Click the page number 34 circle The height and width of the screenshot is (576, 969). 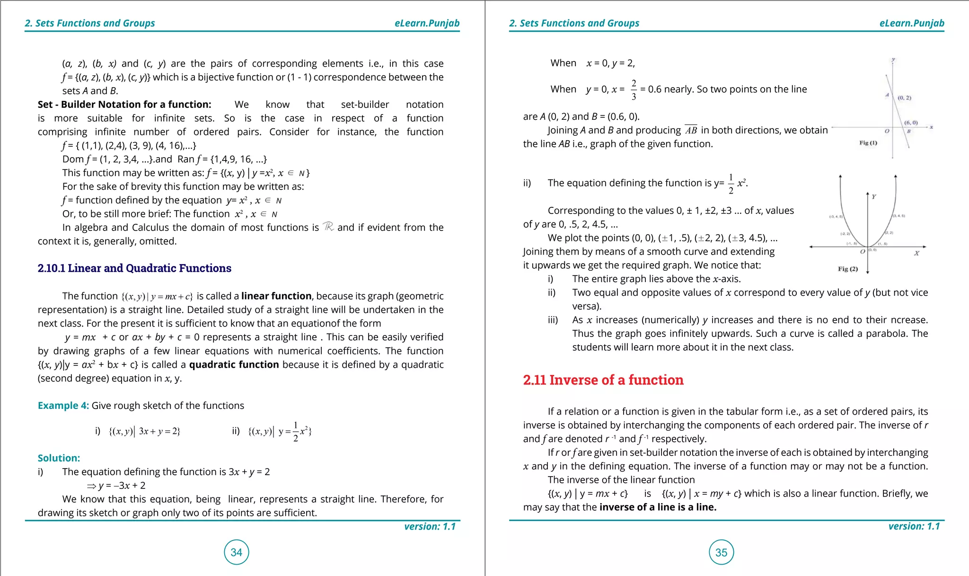click(x=236, y=552)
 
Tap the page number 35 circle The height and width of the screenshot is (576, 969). click(x=721, y=552)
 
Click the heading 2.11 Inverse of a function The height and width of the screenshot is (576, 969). click(x=603, y=380)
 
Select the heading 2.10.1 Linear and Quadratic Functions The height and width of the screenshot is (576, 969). click(x=134, y=268)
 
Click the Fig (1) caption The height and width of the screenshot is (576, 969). click(x=868, y=143)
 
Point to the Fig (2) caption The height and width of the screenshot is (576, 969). click(x=848, y=269)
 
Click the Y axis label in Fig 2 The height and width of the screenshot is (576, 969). click(x=874, y=196)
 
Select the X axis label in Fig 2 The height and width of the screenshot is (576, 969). click(x=916, y=254)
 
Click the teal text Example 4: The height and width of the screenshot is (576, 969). click(x=63, y=406)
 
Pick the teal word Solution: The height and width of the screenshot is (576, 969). click(x=59, y=458)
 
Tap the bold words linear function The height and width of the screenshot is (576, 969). click(x=276, y=296)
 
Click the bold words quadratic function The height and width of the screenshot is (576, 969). click(x=234, y=365)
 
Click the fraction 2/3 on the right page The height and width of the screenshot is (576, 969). click(x=634, y=89)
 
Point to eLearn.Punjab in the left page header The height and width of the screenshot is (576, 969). click(x=427, y=23)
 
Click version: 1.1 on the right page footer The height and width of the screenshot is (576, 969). click(x=914, y=526)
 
